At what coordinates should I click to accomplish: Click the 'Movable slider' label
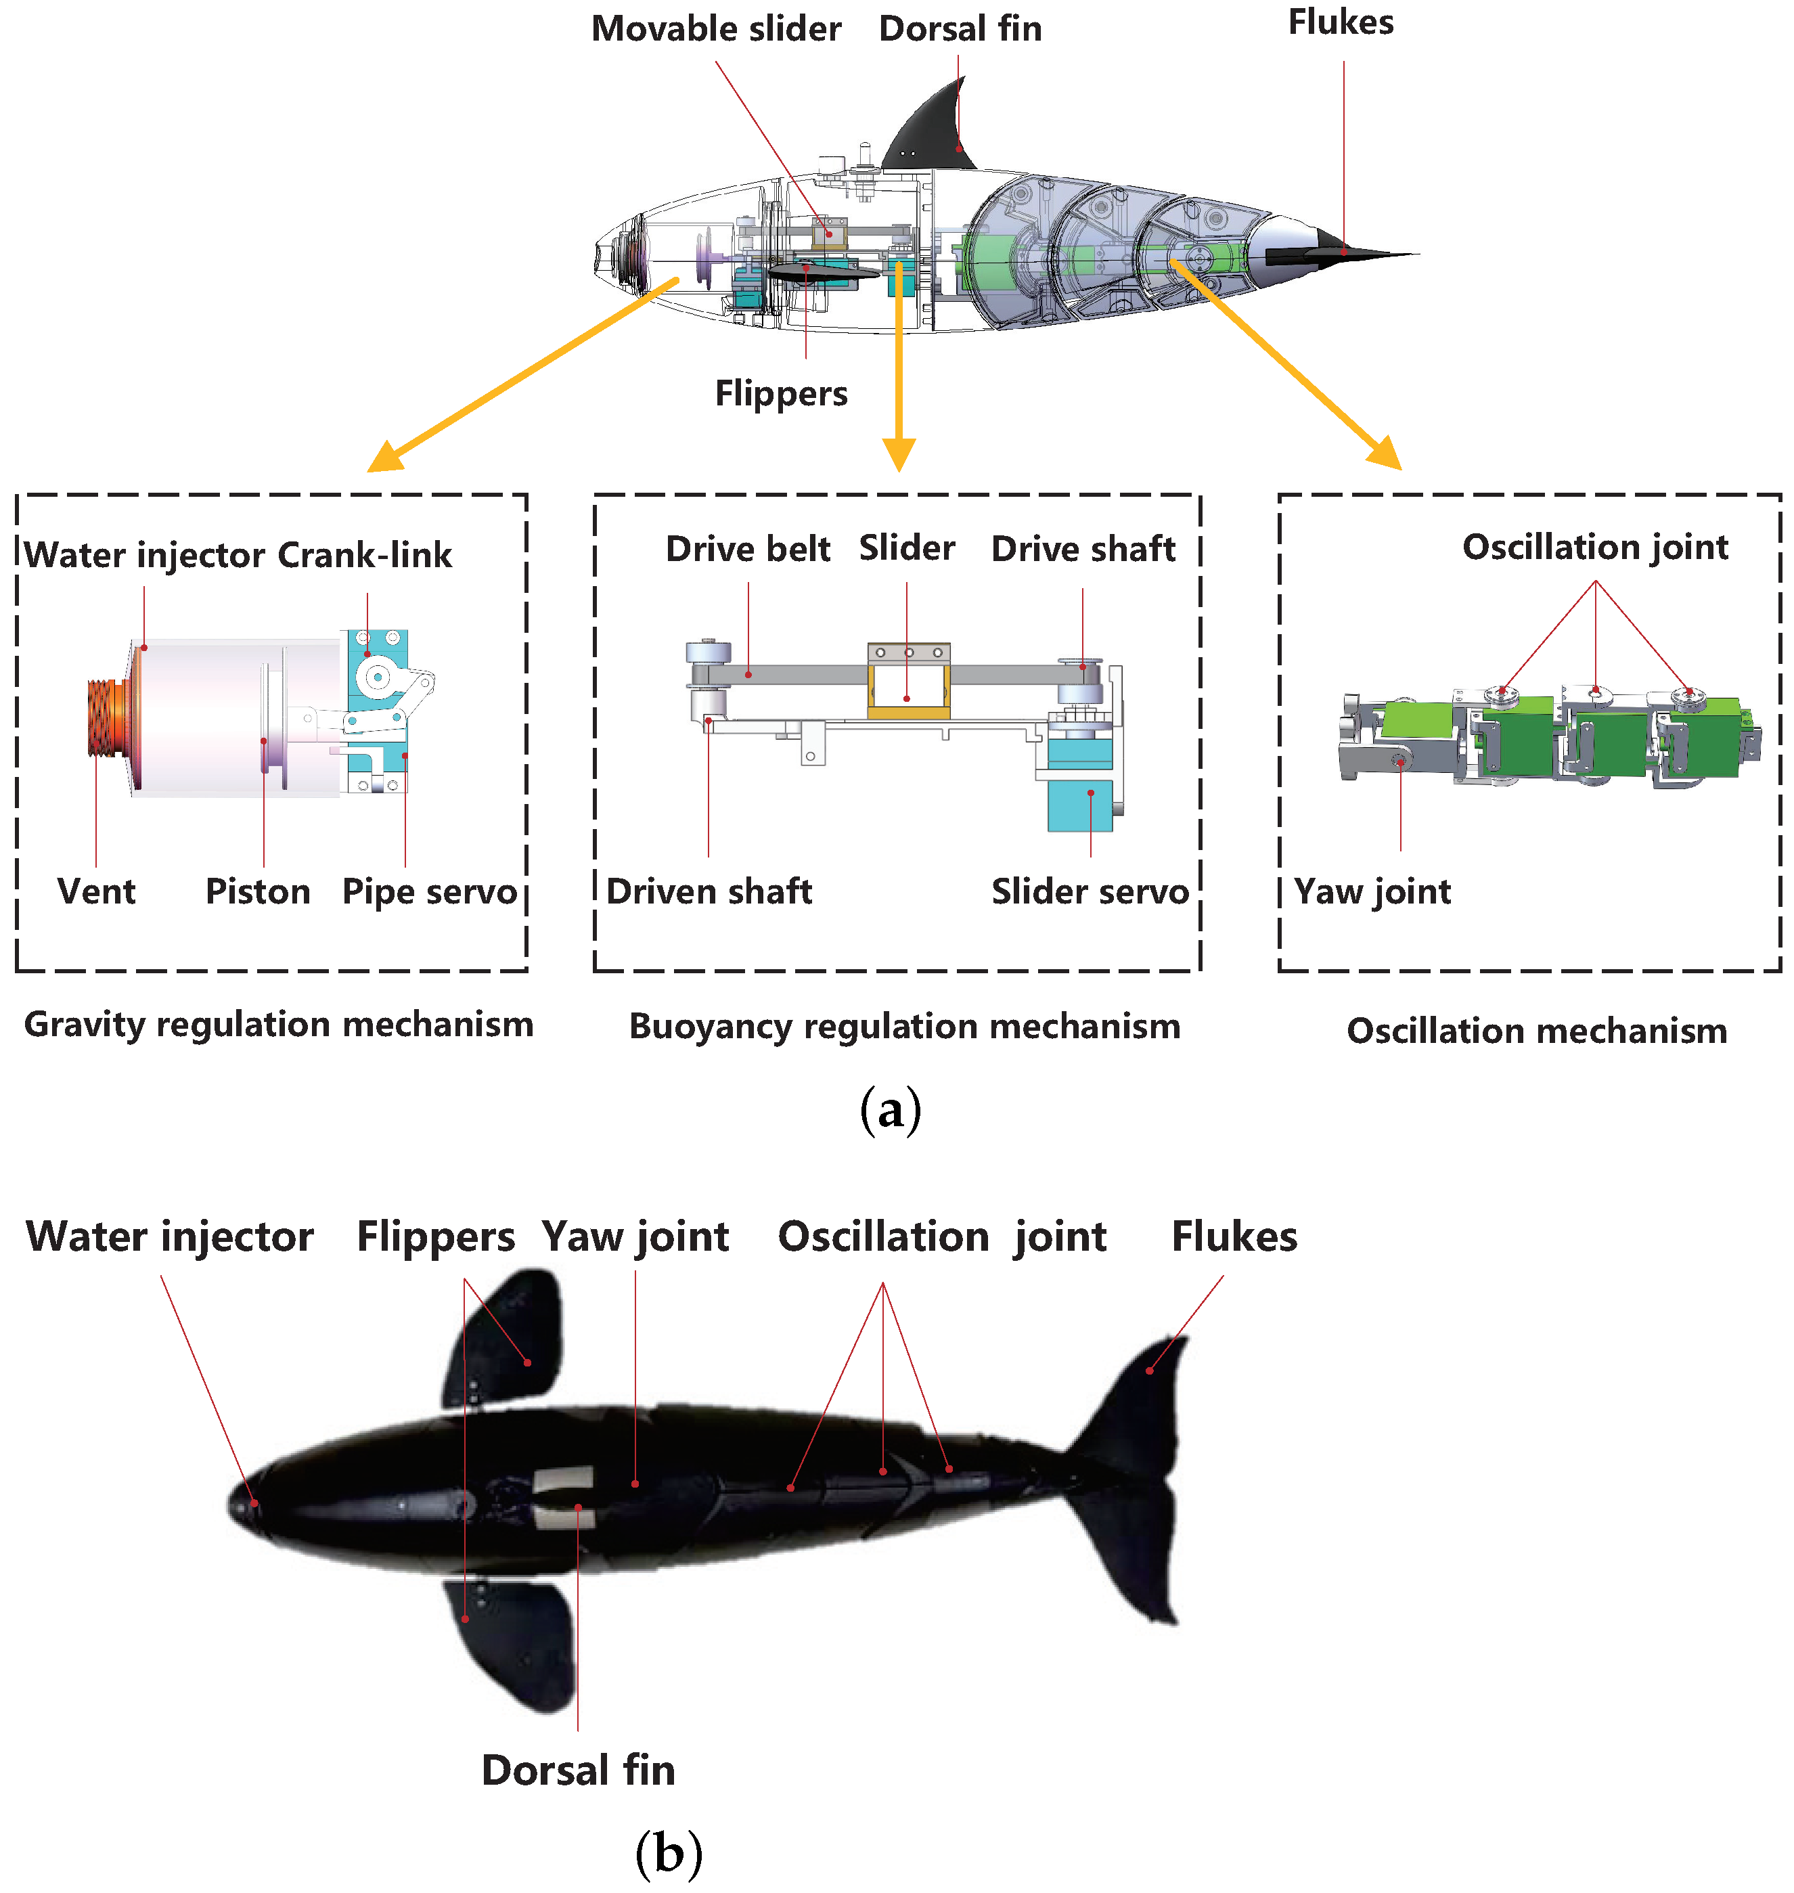click(x=715, y=28)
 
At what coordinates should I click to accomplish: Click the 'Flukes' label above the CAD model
click(x=1340, y=22)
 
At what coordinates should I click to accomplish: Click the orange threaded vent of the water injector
click(x=102, y=717)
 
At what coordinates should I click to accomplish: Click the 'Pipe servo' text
click(x=429, y=891)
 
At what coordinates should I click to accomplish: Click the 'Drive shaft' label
click(x=1083, y=548)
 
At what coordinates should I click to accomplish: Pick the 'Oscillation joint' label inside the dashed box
click(x=1594, y=546)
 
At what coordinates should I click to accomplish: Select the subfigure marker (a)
click(x=891, y=1109)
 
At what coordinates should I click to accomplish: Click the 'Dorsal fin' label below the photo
click(x=578, y=1770)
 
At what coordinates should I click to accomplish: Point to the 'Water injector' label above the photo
click(x=169, y=1236)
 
